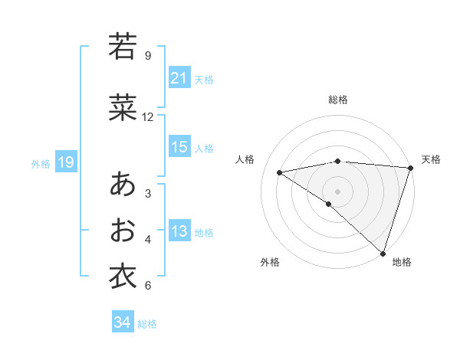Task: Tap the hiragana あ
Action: coord(122,184)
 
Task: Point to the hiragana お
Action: coord(122,230)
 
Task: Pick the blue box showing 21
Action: coord(179,77)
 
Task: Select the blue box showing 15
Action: coord(179,147)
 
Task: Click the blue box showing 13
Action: coord(179,231)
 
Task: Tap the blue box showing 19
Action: coord(65,162)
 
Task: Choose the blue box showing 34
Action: coord(122,322)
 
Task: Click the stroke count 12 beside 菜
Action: coord(148,117)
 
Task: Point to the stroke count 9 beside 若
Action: coord(148,55)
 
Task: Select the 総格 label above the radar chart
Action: coord(338,100)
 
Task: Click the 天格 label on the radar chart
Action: coord(431,159)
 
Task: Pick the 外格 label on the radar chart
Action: coord(270,262)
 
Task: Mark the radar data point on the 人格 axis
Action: coord(280,172)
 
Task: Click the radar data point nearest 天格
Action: coord(410,168)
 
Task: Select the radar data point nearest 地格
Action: coord(383,252)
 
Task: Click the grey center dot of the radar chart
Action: coord(337,191)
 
